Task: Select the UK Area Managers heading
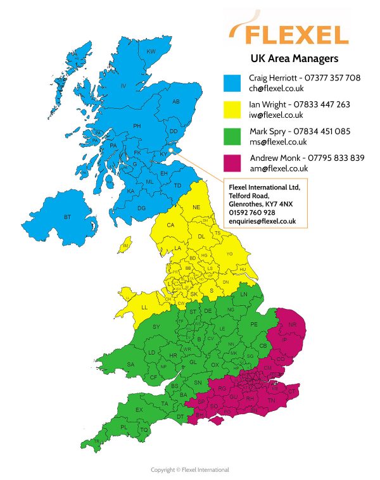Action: click(294, 58)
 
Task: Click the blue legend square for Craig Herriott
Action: click(234, 83)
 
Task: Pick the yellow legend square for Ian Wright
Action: click(234, 110)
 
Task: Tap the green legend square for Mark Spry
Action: click(234, 136)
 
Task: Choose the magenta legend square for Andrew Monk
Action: click(234, 163)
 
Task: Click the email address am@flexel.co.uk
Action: click(278, 168)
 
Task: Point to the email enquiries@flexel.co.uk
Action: click(262, 221)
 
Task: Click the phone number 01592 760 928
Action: click(251, 212)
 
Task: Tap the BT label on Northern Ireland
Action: click(67, 217)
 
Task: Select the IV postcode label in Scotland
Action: click(123, 85)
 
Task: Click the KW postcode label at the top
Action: click(151, 51)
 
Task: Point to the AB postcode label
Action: click(176, 101)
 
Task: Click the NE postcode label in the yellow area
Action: click(196, 207)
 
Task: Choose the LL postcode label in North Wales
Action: click(144, 307)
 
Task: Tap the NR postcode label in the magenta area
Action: click(292, 325)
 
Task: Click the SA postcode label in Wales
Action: click(131, 364)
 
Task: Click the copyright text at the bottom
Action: click(189, 469)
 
